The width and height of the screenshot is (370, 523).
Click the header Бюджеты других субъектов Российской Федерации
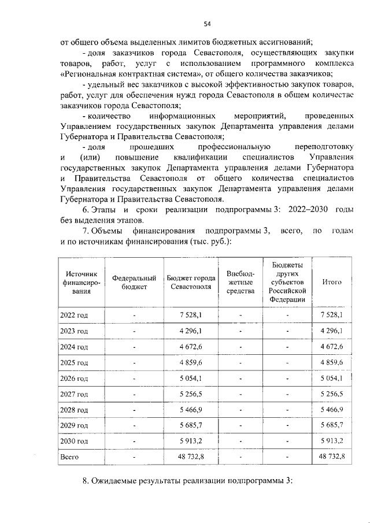pyautogui.click(x=287, y=282)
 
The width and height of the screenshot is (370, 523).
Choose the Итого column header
pyautogui.click(x=331, y=282)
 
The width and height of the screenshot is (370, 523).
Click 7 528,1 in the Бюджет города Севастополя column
pyautogui.click(x=191, y=314)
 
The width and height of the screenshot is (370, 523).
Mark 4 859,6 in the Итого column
pyautogui.click(x=331, y=362)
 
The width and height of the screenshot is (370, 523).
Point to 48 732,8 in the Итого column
pyautogui.click(x=331, y=457)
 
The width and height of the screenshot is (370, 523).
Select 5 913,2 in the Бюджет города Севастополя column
pyautogui.click(x=191, y=441)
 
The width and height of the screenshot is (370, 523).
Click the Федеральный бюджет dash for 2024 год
pyautogui.click(x=134, y=346)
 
